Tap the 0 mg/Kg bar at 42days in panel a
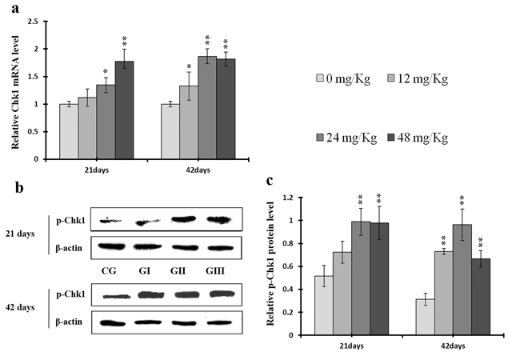pyautogui.click(x=170, y=131)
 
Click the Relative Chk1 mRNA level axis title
pyautogui.click(x=14, y=90)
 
